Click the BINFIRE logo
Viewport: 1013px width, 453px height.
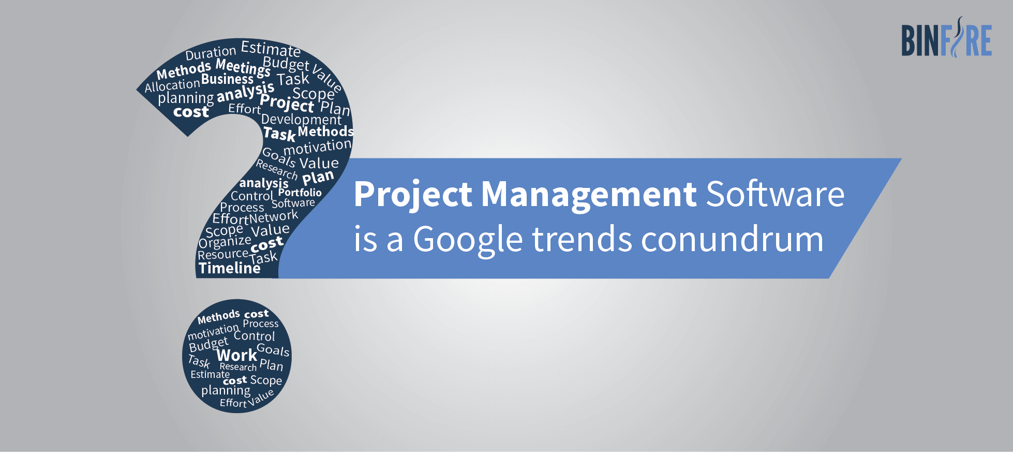[946, 37]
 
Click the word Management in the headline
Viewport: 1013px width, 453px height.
[589, 195]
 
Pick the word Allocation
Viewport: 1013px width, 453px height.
[172, 85]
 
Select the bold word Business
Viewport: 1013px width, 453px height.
[228, 79]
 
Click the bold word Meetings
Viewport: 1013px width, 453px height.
[243, 67]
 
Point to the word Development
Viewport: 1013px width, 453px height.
[301, 120]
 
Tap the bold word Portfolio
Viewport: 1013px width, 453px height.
[300, 193]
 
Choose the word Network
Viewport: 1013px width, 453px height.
[274, 216]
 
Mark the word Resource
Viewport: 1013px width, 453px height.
[223, 254]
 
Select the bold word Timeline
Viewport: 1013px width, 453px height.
[229, 268]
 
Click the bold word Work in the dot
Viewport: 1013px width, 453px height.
[237, 355]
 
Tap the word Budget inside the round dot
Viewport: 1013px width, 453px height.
[208, 344]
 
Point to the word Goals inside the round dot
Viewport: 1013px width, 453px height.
[273, 350]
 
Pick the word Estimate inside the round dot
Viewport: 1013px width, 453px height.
[210, 374]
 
